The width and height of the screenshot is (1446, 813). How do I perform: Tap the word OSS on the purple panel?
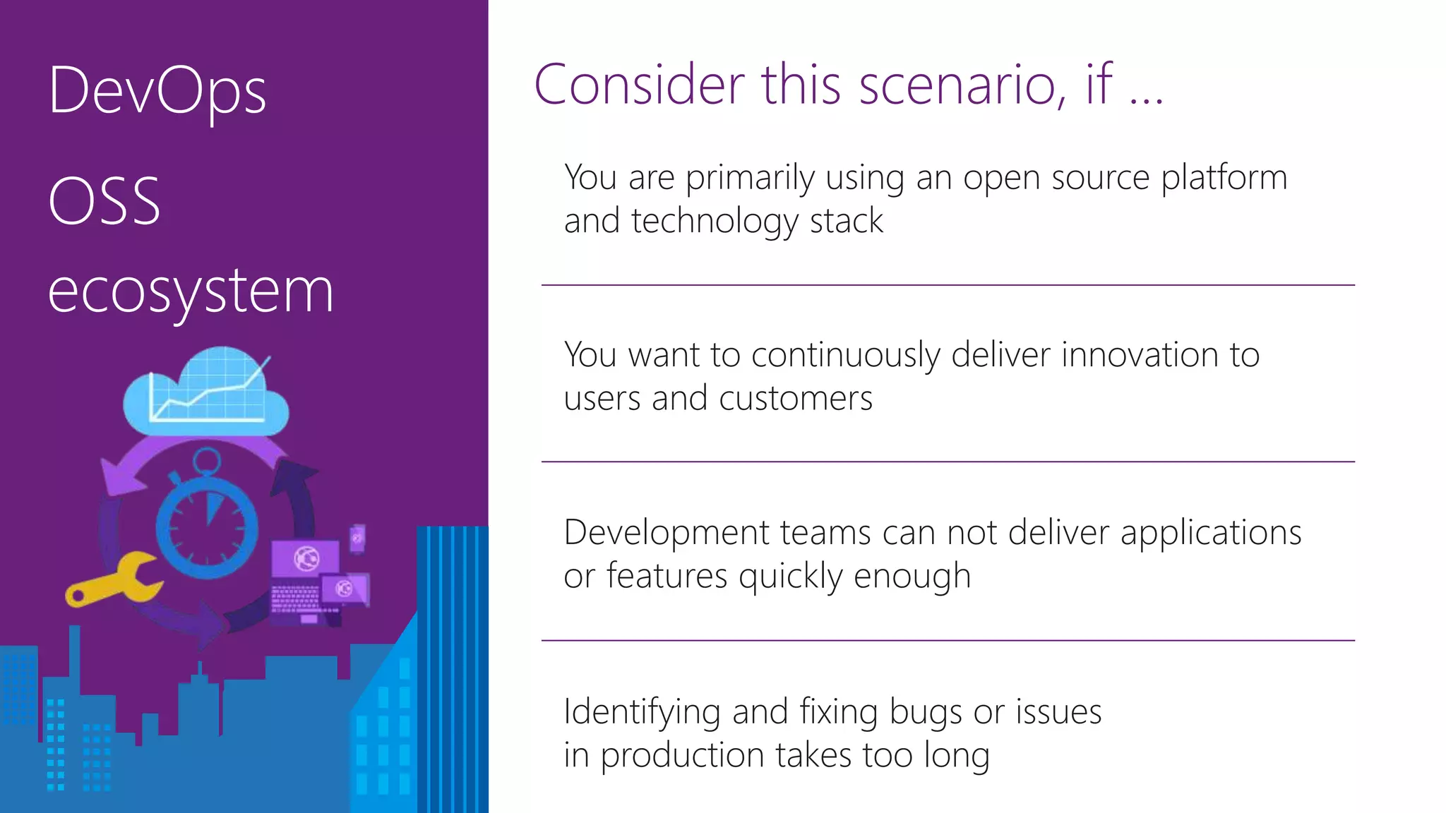click(104, 201)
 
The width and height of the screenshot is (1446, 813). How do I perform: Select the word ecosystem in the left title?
click(191, 291)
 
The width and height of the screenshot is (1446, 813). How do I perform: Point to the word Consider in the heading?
click(639, 85)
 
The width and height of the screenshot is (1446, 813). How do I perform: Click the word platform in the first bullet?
click(1224, 178)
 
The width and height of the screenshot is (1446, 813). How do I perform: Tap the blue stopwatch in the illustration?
click(207, 526)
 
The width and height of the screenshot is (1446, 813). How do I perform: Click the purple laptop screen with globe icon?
click(306, 559)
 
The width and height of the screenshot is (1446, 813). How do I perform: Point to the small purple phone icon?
click(357, 538)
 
